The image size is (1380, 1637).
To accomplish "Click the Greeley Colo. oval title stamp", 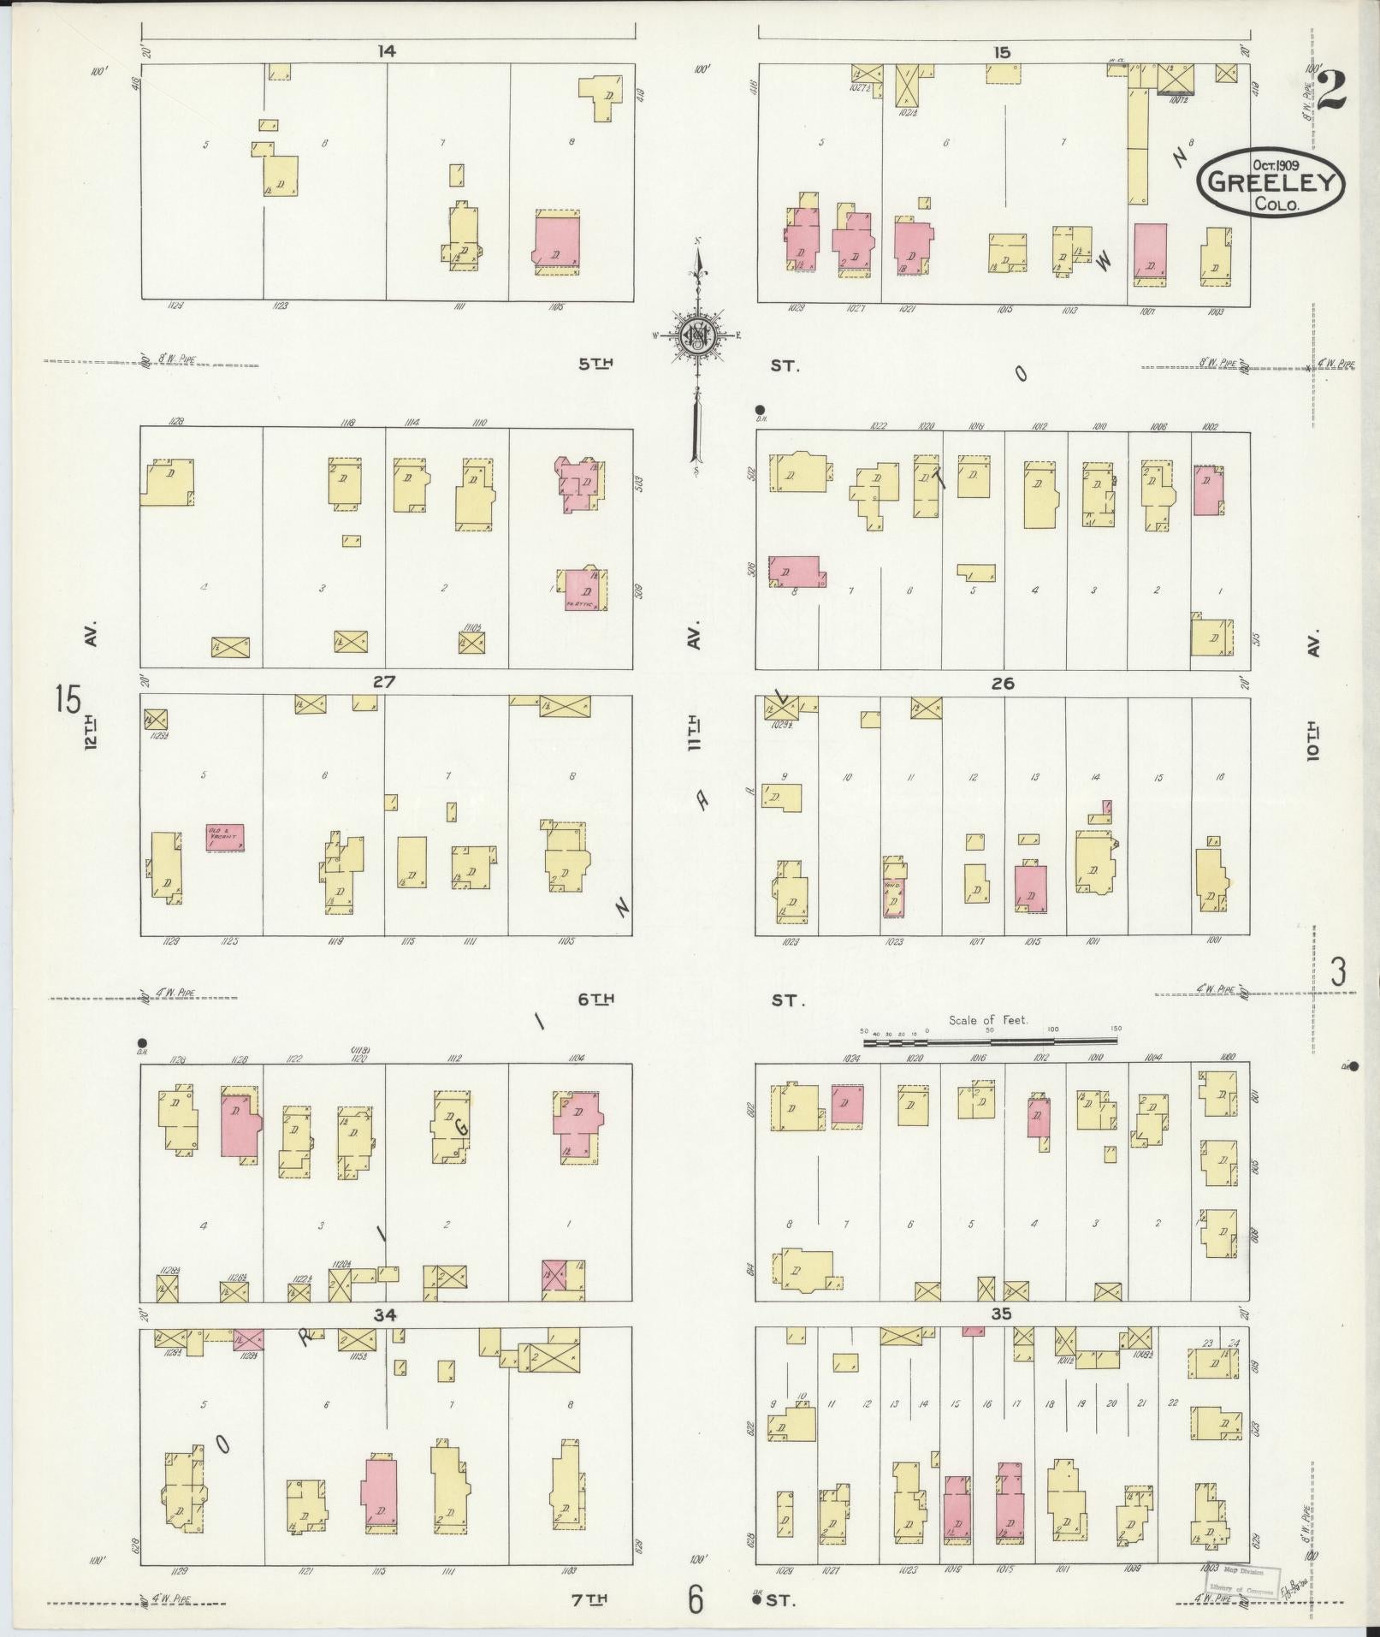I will (x=1270, y=181).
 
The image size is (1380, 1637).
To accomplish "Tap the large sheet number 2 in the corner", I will (x=1331, y=92).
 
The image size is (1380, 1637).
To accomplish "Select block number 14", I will (x=387, y=51).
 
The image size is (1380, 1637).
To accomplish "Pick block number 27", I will (x=384, y=682).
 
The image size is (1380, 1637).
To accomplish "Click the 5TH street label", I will (x=596, y=365).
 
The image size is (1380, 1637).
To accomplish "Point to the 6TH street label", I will (x=596, y=999).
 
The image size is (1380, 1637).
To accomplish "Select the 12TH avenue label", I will (x=92, y=732).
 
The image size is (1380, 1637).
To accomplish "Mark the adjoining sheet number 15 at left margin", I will (x=68, y=700).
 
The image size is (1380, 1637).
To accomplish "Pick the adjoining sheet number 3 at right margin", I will (x=1337, y=973).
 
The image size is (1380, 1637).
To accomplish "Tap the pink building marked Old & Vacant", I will (x=225, y=836).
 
